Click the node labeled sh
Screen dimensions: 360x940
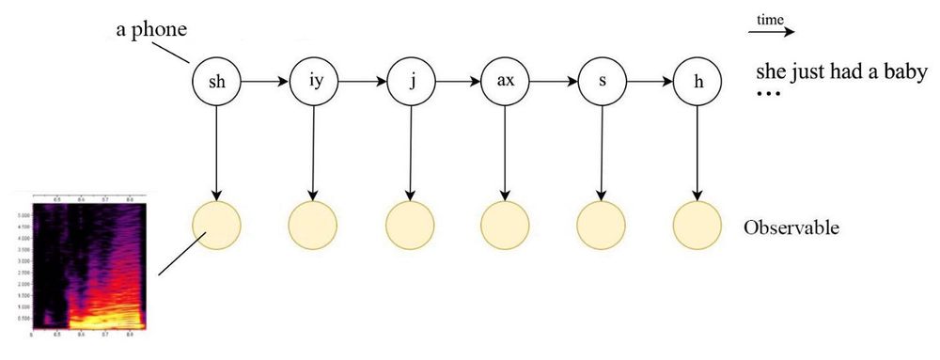coord(217,82)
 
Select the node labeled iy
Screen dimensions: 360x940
coord(315,82)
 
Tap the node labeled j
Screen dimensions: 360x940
coord(410,82)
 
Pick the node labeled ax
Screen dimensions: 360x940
coord(506,82)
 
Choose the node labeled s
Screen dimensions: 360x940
coord(602,82)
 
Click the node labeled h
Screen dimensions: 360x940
coord(697,82)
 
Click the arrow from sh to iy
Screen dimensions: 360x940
coord(266,82)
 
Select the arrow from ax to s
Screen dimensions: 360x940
coord(554,82)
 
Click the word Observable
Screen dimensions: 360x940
coord(791,228)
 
